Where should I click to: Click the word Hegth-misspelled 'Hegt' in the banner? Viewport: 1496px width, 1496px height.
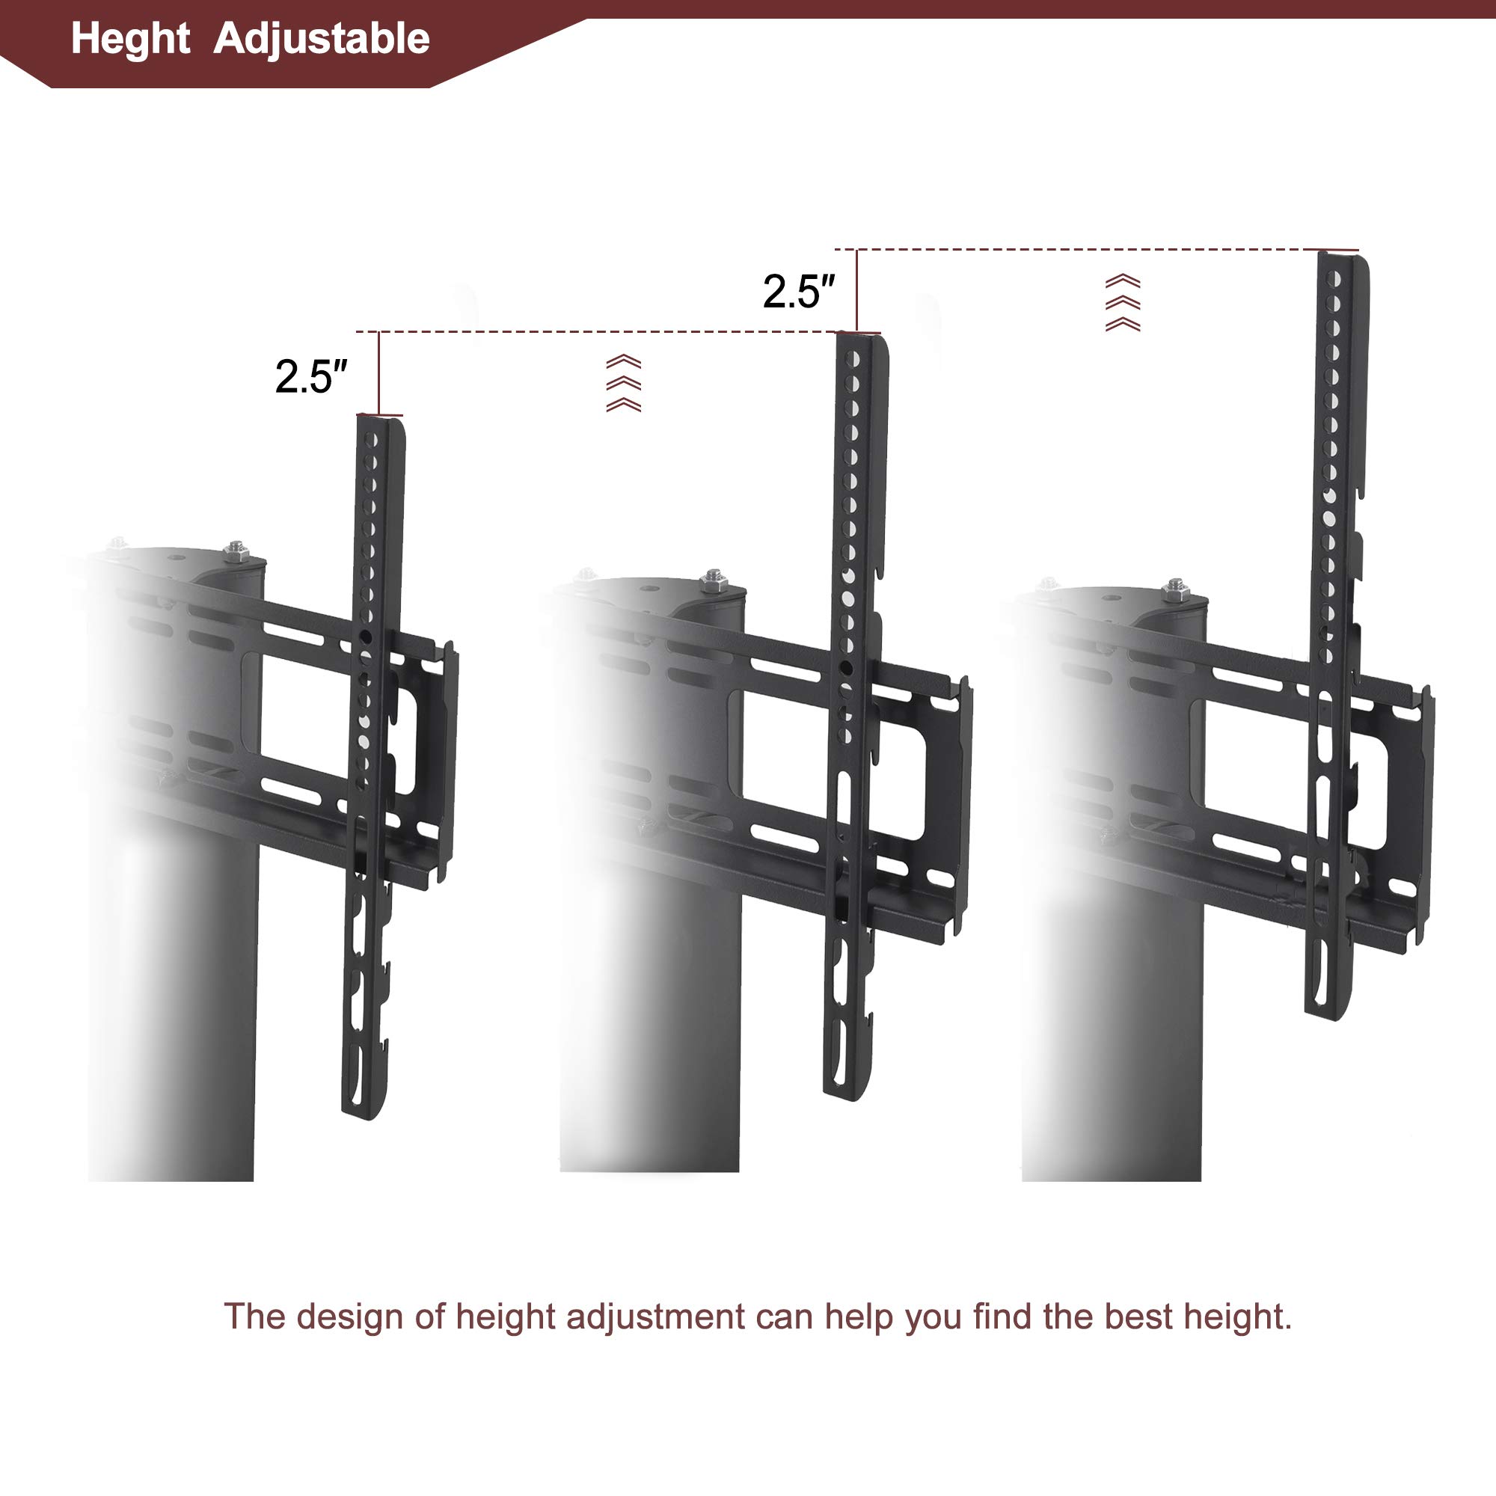(130, 39)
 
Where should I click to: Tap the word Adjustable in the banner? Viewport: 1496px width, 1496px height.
(322, 39)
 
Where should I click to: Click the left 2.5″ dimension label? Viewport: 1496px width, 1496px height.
(310, 377)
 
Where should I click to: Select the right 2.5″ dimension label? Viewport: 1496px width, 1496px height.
(798, 292)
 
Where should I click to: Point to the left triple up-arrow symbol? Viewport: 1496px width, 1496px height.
(623, 383)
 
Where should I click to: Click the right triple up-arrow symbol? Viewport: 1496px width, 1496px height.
(1122, 303)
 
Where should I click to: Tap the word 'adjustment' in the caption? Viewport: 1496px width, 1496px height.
(655, 1316)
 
